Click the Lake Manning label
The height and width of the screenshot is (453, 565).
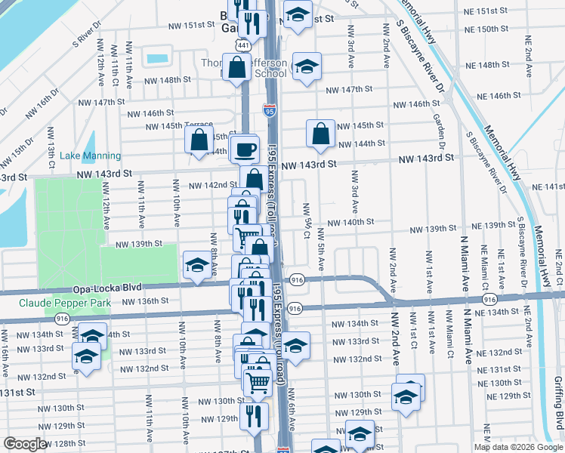(x=80, y=156)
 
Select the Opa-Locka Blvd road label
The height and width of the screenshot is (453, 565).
(x=108, y=289)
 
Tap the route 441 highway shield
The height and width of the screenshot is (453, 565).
(x=241, y=45)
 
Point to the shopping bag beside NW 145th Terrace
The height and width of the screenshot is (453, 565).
(x=199, y=140)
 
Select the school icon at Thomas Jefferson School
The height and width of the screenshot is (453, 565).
(x=306, y=66)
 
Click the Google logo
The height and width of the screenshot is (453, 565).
(x=25, y=444)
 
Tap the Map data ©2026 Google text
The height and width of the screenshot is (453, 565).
(x=518, y=447)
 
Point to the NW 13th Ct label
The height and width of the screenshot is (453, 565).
(x=52, y=148)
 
